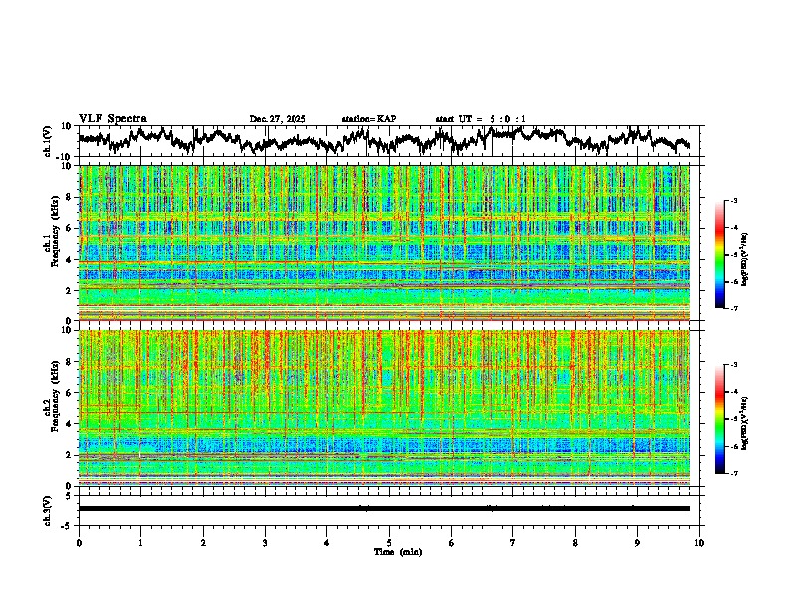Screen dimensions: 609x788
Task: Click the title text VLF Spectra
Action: click(x=111, y=119)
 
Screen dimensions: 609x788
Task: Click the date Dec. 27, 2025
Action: click(x=278, y=119)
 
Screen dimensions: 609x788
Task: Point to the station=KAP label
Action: click(x=369, y=119)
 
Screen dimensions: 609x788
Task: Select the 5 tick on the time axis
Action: click(x=389, y=542)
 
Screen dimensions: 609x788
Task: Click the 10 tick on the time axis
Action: click(x=699, y=542)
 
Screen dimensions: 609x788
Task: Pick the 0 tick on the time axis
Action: click(x=79, y=542)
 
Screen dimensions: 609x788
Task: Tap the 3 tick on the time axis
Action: click(x=265, y=542)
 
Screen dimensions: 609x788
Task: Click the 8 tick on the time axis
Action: click(x=575, y=542)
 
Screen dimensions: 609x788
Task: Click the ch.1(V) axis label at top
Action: click(x=48, y=141)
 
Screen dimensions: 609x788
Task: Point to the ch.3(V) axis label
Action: click(x=48, y=509)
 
